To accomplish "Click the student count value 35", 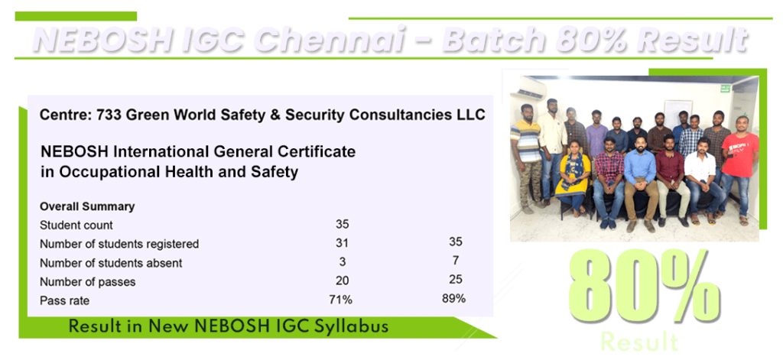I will point(342,225).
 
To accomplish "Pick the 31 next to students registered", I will point(342,244).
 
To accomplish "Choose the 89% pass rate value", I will point(454,298).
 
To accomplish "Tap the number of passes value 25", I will point(456,280).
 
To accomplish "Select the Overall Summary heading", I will point(87,206).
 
